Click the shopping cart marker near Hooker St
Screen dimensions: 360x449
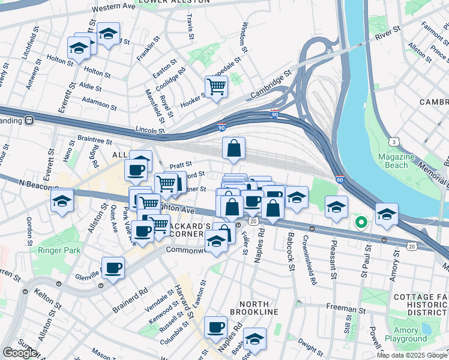pos(216,86)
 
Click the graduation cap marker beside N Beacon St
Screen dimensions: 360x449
pos(62,201)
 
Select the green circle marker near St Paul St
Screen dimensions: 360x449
pos(361,223)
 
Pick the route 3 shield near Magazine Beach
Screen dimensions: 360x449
pos(393,142)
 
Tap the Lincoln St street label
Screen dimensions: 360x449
pos(150,130)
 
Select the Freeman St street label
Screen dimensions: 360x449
pos(342,307)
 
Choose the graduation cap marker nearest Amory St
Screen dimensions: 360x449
pos(387,214)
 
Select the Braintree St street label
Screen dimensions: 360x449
pos(95,140)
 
